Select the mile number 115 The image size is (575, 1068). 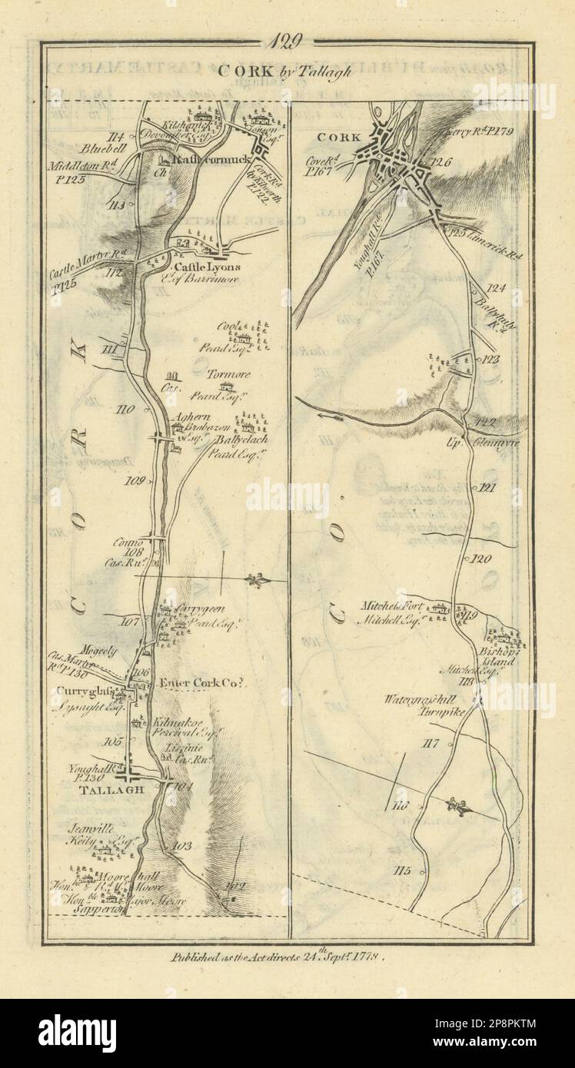tap(402, 871)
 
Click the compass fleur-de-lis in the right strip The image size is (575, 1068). tap(459, 806)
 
